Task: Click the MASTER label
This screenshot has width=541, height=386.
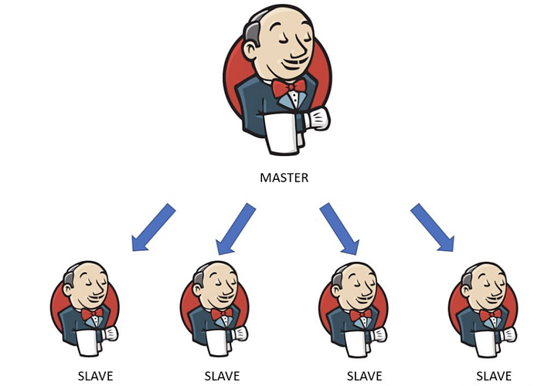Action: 284,178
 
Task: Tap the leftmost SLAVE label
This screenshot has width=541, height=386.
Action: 96,376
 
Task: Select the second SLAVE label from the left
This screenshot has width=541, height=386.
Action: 223,376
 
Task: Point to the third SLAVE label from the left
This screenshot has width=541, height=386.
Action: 364,376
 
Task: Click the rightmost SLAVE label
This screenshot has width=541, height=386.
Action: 494,376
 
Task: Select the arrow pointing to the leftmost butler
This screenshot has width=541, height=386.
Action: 154,228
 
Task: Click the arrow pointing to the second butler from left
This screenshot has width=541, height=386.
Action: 236,229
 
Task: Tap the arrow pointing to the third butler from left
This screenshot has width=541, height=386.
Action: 339,229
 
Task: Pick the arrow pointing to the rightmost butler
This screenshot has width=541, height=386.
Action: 432,228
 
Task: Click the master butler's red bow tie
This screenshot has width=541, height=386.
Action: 289,87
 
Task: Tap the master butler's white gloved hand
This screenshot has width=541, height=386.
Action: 318,119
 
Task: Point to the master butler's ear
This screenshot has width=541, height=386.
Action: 251,49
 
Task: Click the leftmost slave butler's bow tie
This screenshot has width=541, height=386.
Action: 92,313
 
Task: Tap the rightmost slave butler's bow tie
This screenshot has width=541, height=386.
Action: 490,315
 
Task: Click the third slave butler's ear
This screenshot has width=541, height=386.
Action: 336,289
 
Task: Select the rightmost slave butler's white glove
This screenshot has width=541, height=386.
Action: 509,334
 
